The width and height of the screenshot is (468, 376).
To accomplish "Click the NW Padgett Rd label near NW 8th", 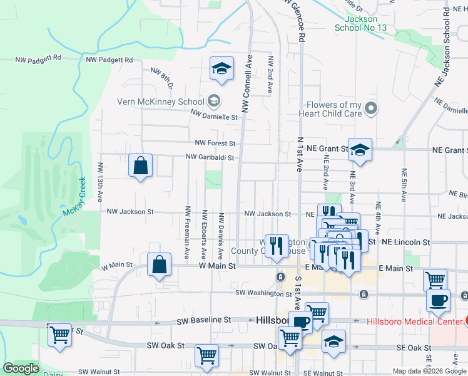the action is pyautogui.click(x=109, y=60).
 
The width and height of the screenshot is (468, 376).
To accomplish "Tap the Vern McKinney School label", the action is pyautogui.click(x=161, y=102).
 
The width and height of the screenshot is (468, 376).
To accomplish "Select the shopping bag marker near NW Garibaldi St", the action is pyautogui.click(x=140, y=166).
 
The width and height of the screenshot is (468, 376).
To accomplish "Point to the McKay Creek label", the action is pyautogui.click(x=74, y=197).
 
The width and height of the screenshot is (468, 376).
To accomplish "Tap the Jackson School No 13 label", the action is pyautogui.click(x=361, y=24).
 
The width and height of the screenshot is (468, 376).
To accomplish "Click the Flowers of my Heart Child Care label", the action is pyautogui.click(x=334, y=110).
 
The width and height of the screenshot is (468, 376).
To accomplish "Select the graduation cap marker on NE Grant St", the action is pyautogui.click(x=360, y=150).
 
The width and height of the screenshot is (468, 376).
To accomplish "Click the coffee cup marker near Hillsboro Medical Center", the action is pyautogui.click(x=438, y=300).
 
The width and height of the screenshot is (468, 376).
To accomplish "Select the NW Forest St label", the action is pyautogui.click(x=215, y=144).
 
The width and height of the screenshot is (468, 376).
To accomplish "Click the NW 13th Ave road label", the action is pyautogui.click(x=100, y=182).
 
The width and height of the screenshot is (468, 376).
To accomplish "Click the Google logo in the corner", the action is pyautogui.click(x=21, y=368).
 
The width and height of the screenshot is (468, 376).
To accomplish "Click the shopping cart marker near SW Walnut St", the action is pyautogui.click(x=206, y=355).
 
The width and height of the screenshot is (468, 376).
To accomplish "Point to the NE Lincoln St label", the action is pyautogui.click(x=406, y=242).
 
